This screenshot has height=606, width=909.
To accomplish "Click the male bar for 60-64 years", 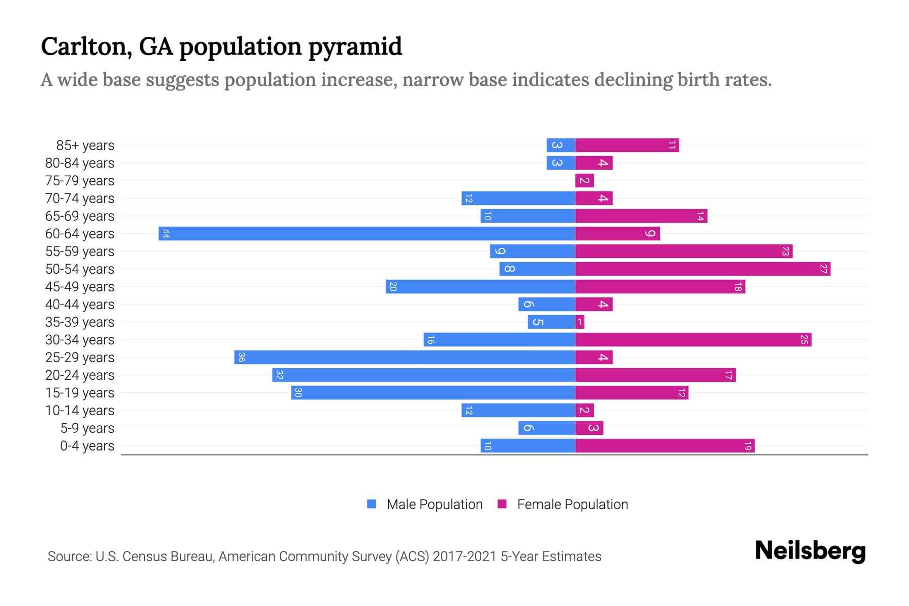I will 367,233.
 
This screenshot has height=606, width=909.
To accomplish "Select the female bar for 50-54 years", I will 702,269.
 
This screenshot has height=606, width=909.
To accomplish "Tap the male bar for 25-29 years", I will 405,357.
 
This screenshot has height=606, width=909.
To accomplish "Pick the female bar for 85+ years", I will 627,145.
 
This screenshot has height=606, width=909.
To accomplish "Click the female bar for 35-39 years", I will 580,322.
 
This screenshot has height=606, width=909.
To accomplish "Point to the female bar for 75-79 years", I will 584,180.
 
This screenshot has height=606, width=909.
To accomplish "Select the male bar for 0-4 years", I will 528,445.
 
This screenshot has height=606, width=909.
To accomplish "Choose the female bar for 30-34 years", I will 693,339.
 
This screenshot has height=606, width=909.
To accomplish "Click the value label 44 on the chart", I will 166,233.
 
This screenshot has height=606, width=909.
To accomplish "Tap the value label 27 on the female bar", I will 823,269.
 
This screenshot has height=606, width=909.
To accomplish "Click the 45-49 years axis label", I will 80,286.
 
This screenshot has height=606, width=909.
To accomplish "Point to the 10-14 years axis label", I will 80,410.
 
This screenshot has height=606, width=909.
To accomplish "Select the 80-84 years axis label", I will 80,163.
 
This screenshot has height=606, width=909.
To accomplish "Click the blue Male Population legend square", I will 372,504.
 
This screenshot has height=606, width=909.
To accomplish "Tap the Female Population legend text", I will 572,504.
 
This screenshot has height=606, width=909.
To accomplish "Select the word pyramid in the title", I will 355,46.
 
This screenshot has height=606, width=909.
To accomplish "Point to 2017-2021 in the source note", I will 465,556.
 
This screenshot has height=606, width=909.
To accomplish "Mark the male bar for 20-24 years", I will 423,375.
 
